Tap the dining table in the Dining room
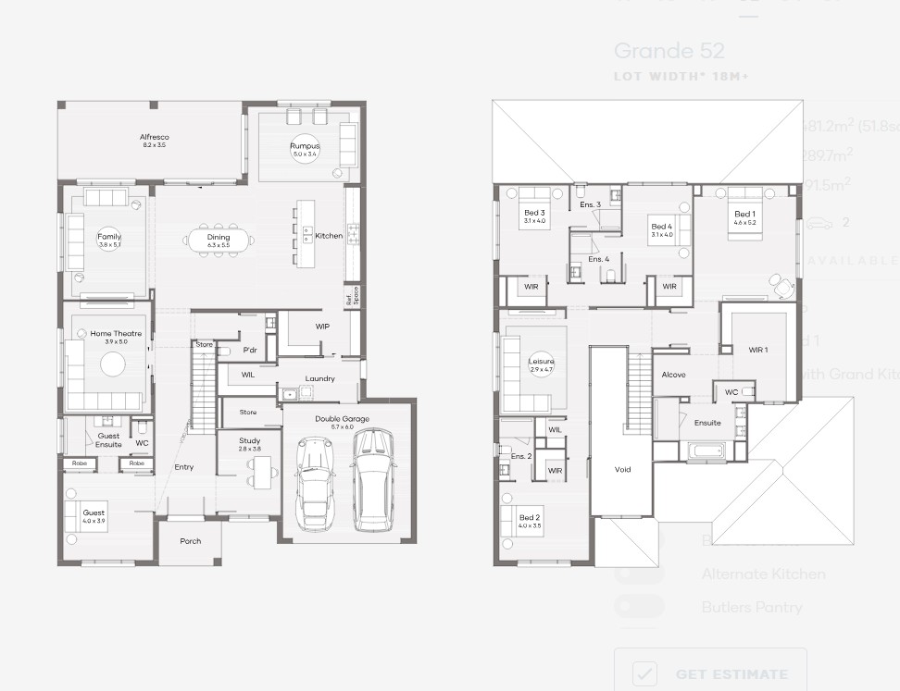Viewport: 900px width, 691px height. pos(219,240)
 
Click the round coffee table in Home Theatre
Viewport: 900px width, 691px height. pos(113,365)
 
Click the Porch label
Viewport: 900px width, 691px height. pos(190,541)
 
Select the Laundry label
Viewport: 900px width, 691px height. pos(319,378)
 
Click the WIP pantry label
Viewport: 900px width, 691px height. pos(322,327)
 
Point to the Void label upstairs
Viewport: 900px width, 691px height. pos(622,469)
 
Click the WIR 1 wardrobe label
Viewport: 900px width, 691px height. pos(758,349)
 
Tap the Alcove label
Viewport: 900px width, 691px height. pos(674,375)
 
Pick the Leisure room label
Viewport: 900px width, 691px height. pos(542,364)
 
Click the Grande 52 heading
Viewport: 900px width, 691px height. pos(669,51)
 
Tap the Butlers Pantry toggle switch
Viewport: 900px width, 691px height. pos(639,607)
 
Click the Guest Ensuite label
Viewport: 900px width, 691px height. pos(109,439)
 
